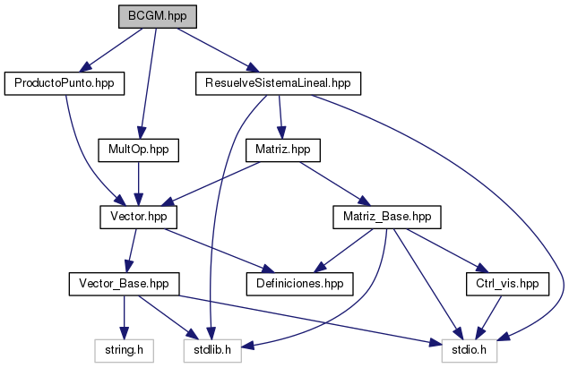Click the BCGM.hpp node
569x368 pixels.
pos(156,16)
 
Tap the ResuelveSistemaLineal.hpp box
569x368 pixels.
pos(277,83)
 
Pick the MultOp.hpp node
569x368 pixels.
pos(139,150)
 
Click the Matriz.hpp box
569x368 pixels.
pos(283,150)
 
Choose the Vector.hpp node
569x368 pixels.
pos(138,217)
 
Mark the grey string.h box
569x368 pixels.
pos(124,350)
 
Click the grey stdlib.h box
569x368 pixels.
pos(212,350)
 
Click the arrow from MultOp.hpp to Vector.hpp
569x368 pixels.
pos(138,183)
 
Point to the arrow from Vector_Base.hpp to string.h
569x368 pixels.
pos(124,317)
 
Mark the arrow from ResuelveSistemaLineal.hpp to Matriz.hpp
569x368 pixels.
pos(280,116)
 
